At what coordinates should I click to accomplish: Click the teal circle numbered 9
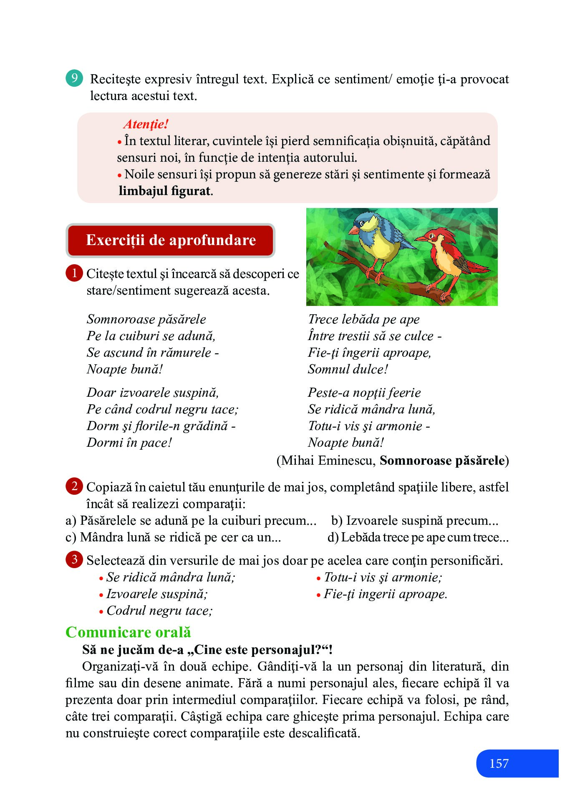click(x=74, y=78)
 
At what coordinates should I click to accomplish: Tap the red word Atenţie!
click(x=146, y=124)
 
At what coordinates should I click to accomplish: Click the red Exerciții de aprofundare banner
click(x=171, y=240)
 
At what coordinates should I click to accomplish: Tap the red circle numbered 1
click(x=74, y=273)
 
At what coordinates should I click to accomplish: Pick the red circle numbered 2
click(x=74, y=486)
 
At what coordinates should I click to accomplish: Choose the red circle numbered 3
click(x=74, y=559)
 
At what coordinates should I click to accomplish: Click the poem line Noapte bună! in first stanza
click(x=125, y=369)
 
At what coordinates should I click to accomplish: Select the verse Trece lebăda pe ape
click(x=363, y=319)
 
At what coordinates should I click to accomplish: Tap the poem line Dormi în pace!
click(x=129, y=443)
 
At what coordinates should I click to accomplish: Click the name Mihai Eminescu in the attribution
click(x=329, y=461)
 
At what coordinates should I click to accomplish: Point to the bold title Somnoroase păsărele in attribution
click(x=442, y=461)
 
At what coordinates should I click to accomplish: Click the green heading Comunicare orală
click(x=128, y=632)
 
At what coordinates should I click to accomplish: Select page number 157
click(x=499, y=763)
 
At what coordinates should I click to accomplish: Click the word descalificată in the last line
click(x=321, y=733)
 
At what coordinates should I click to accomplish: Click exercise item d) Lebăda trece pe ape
click(x=417, y=537)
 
